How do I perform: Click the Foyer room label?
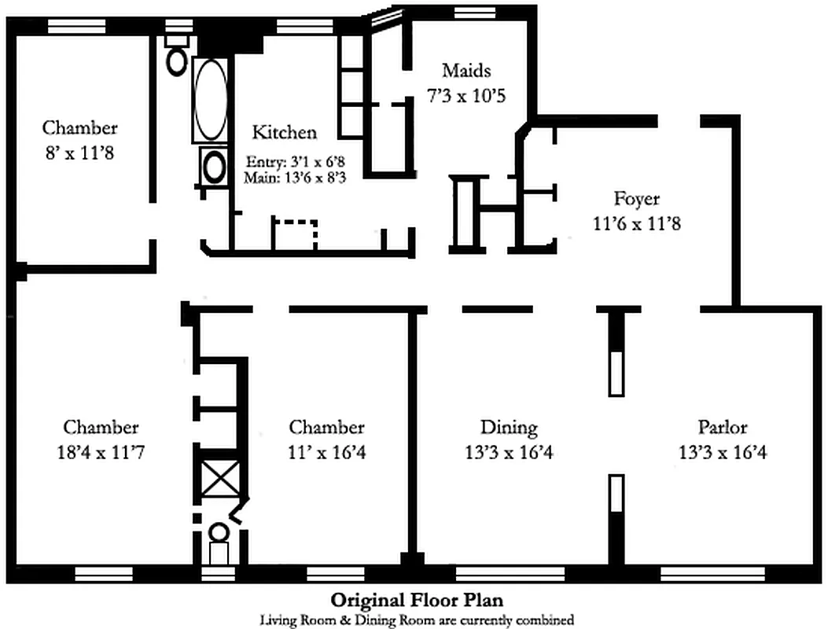(x=636, y=199)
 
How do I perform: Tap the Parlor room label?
(x=722, y=428)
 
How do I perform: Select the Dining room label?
(x=509, y=428)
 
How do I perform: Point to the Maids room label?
(x=466, y=71)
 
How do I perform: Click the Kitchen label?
(x=284, y=132)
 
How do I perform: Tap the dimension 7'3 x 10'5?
(x=466, y=96)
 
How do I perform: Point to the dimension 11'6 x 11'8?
(x=636, y=224)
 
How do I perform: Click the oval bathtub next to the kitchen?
(x=209, y=100)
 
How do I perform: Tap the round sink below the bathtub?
(x=214, y=166)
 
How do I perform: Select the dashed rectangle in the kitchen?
(x=295, y=234)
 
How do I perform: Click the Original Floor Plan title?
(x=417, y=601)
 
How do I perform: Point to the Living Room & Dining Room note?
(x=417, y=620)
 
